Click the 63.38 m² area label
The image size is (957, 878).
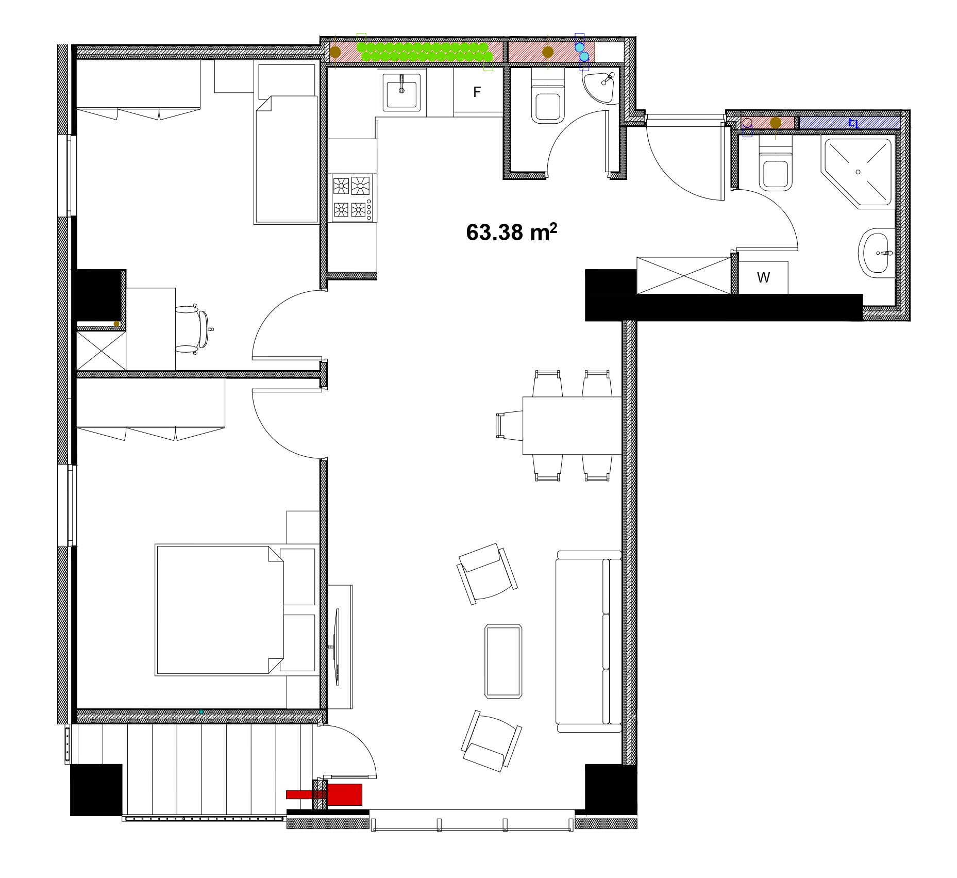point(511,233)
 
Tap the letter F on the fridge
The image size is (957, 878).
point(477,92)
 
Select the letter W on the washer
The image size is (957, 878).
point(763,278)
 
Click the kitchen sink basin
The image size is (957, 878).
point(401,91)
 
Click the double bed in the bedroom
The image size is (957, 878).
point(235,610)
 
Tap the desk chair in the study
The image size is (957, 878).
point(193,329)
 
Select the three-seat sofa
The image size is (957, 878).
point(589,641)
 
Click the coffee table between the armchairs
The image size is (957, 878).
point(503,661)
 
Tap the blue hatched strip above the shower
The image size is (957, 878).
point(849,123)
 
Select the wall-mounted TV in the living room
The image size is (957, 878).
point(337,647)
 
